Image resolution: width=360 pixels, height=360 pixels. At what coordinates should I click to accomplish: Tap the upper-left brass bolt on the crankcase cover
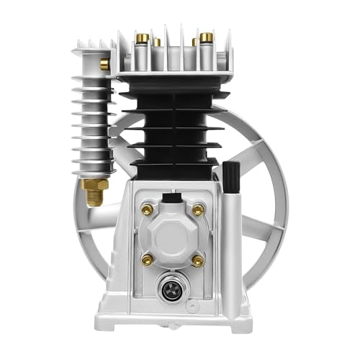[147, 210]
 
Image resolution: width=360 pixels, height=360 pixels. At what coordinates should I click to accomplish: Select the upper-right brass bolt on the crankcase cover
[198, 210]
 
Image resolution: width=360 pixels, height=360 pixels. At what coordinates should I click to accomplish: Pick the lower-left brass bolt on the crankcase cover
[147, 258]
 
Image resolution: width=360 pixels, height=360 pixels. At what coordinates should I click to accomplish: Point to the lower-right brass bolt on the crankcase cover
[198, 258]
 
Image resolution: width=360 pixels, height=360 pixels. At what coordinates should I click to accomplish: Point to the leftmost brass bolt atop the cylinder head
[138, 37]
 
